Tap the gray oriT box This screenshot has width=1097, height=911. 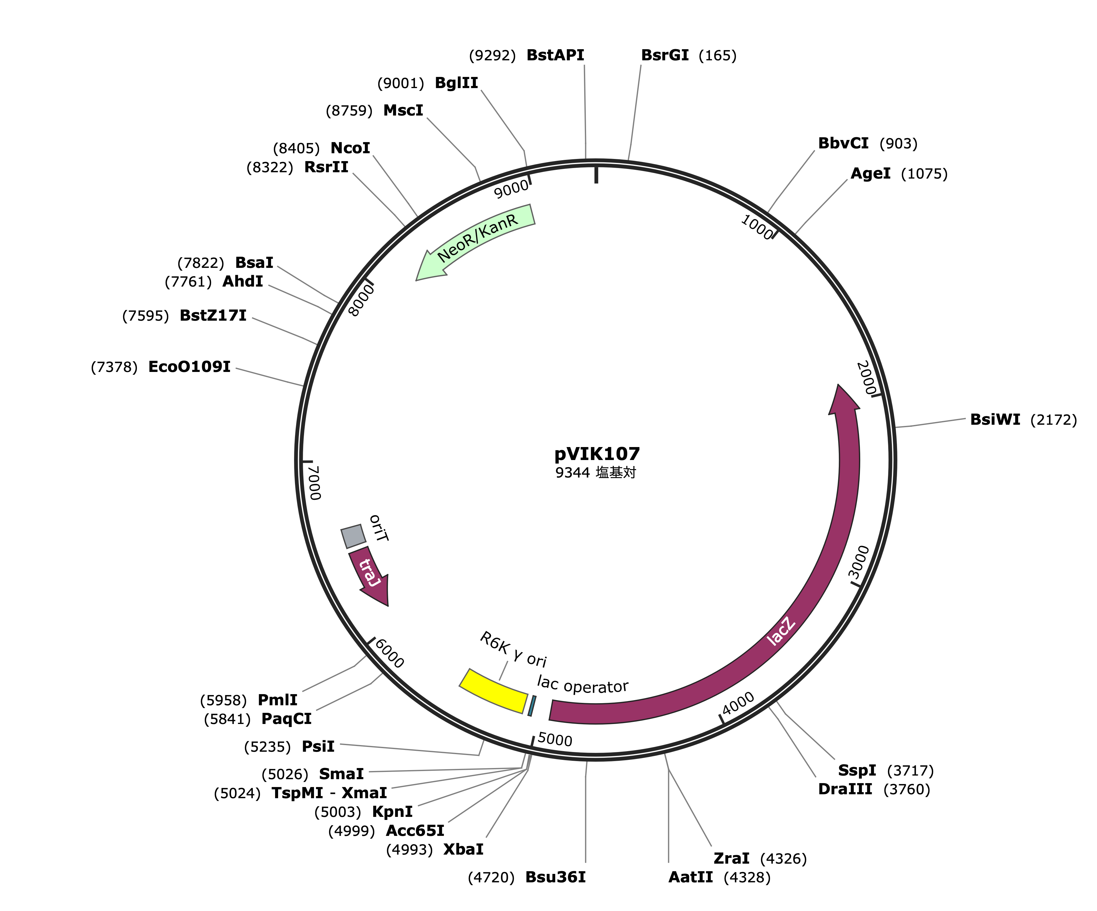[353, 536]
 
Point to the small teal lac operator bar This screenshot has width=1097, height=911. [532, 706]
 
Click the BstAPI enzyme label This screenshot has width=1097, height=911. [555, 55]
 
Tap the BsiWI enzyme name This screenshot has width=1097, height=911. [995, 420]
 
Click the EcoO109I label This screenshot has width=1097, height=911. [189, 367]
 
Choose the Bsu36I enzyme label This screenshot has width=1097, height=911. [555, 877]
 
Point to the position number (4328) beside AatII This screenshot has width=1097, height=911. [747, 877]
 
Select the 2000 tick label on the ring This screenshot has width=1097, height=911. [866, 378]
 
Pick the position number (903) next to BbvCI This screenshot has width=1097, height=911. [899, 143]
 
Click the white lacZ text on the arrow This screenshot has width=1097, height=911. [782, 631]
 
